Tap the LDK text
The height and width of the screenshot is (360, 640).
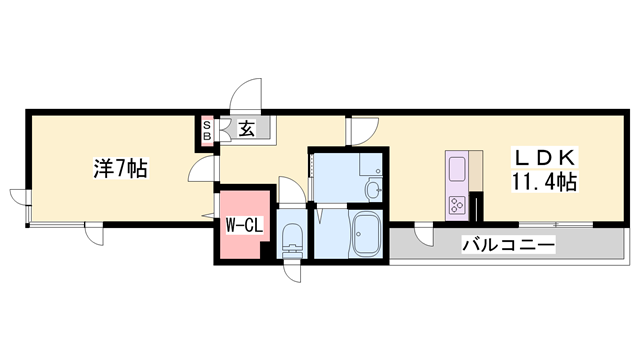coord(544,158)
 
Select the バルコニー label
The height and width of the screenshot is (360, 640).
coord(509,245)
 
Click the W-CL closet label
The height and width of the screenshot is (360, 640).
coord(243,226)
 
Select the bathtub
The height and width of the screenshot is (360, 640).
coord(365,234)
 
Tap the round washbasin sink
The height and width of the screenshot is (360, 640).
coord(373,189)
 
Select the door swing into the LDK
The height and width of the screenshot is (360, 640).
coord(363,130)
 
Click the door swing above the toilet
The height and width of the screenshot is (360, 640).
coord(288,190)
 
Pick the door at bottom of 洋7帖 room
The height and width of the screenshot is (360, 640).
coord(94,234)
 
